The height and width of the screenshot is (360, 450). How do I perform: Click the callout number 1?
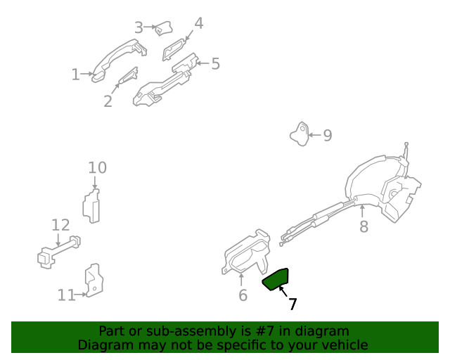75,75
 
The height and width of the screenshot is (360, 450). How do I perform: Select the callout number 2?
108,102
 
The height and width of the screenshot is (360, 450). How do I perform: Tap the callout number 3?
139,27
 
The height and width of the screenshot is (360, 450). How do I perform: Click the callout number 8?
364,226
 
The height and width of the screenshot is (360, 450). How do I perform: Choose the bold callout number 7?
292,304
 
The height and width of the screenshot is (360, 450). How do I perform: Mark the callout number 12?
60,225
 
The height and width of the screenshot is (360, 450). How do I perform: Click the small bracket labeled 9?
300,134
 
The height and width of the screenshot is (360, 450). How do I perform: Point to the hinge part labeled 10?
91,205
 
